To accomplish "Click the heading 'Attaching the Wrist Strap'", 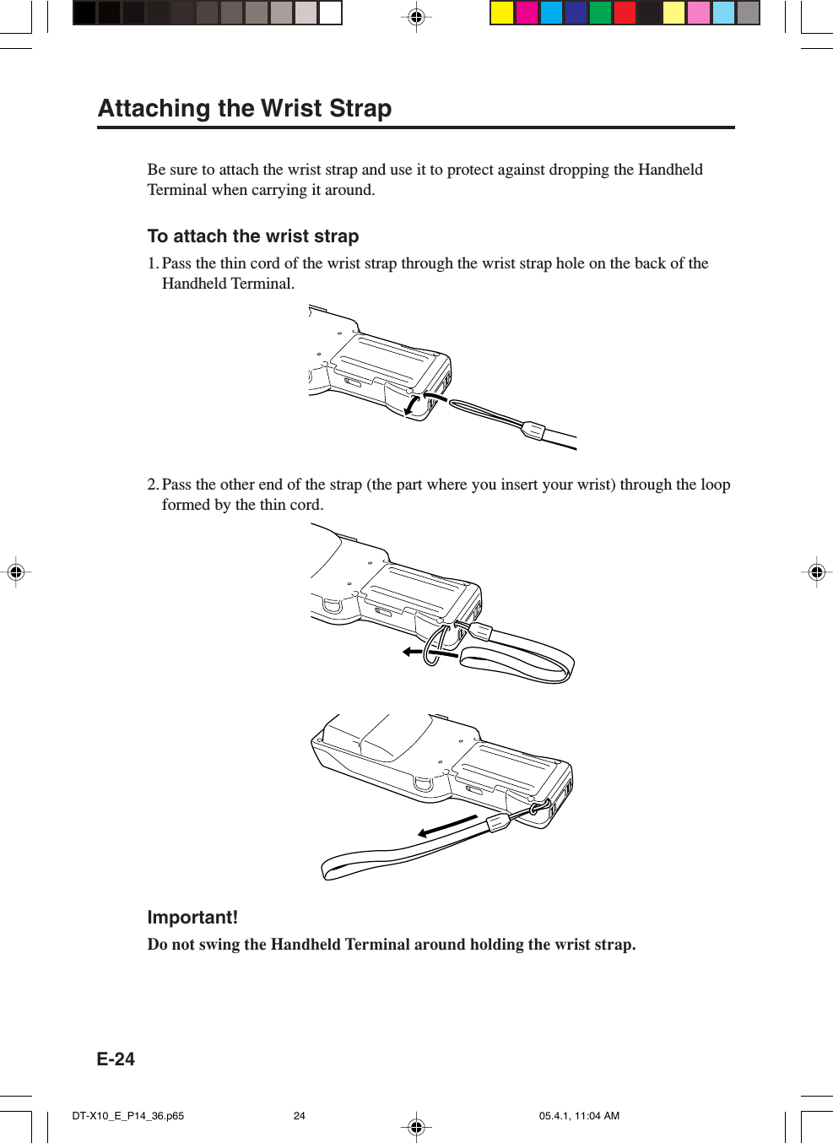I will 245,109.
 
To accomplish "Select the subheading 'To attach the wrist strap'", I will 253,236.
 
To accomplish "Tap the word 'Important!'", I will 192,918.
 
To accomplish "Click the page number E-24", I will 116,1059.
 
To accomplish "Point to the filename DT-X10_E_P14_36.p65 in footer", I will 128,1116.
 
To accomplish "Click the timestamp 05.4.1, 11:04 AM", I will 579,1116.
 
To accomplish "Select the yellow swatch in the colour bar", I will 502,14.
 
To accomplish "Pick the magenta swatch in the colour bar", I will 527,14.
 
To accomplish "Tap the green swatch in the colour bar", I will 600,14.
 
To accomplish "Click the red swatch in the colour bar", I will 625,14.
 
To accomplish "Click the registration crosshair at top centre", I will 416,17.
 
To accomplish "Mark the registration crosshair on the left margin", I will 15,572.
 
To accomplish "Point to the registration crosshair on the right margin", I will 816,572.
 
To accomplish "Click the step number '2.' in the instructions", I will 153,485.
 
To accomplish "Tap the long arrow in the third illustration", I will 447,826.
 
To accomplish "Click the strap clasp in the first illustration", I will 533,431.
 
